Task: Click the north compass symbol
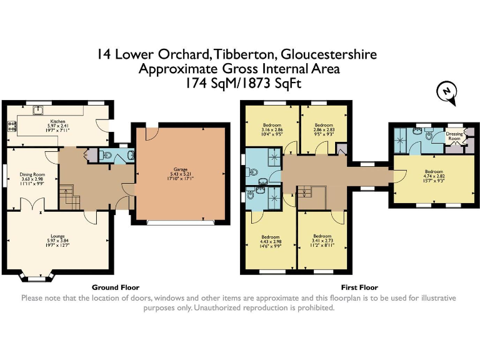point(446,91)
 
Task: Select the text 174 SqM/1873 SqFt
point(240,82)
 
